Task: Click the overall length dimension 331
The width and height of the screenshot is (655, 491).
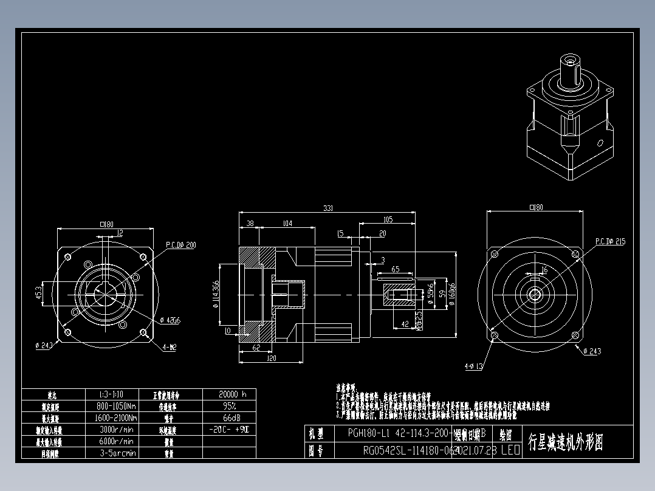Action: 327,208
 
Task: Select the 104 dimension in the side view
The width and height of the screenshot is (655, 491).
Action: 287,224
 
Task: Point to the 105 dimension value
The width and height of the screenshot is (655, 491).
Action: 388,219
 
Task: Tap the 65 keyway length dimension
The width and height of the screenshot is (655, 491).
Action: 395,269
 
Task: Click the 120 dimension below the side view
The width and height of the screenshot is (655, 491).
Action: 271,359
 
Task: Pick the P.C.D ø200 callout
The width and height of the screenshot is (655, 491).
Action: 181,245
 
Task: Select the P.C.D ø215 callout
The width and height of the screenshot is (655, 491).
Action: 610,241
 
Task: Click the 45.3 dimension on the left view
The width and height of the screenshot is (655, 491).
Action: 38,294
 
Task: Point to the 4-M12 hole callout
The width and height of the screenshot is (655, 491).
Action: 170,348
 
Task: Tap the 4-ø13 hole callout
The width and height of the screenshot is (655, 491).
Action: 473,366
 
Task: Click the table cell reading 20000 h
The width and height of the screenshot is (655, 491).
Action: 229,394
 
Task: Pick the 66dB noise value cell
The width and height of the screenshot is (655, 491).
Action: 229,418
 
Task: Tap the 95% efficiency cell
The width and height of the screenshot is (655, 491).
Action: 229,406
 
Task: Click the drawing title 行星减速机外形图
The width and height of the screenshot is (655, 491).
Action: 564,442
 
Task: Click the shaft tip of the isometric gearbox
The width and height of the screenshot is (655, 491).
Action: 569,60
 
